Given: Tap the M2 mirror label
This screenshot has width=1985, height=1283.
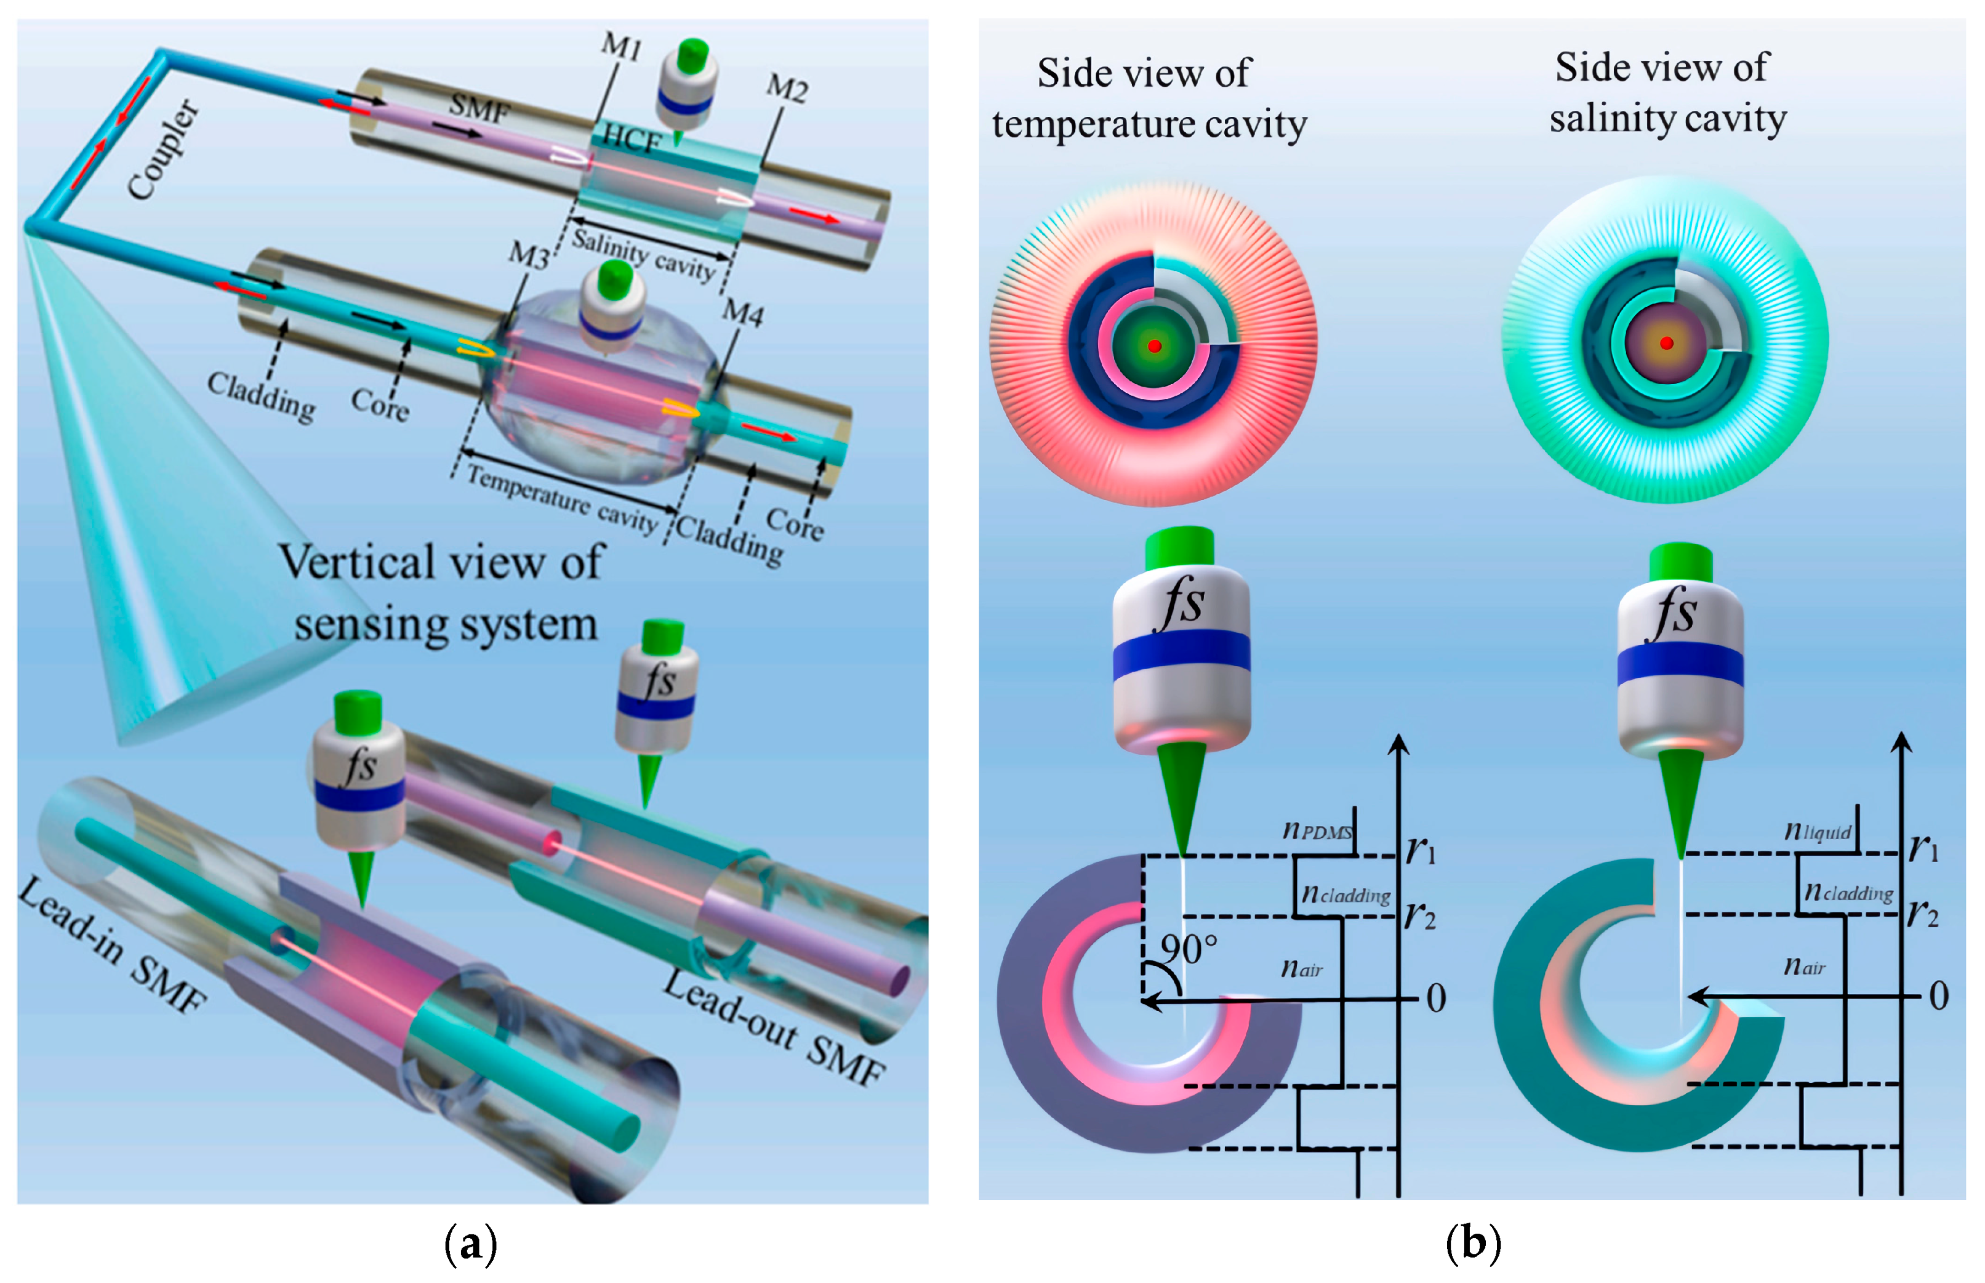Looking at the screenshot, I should point(787,87).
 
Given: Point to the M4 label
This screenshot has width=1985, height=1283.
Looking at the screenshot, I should point(742,313).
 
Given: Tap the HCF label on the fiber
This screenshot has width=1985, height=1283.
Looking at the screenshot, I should point(632,139).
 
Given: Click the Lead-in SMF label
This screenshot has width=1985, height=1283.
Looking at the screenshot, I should point(113,946).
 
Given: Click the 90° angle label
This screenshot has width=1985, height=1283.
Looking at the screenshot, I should point(1189,949).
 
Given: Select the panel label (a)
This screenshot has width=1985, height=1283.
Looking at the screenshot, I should point(471,1244).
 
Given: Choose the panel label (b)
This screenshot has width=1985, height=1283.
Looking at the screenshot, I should point(1473,1242).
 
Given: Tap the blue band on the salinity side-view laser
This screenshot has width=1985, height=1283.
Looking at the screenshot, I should point(1680,665).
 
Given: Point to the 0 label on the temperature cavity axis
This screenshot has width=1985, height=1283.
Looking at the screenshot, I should point(1436,998).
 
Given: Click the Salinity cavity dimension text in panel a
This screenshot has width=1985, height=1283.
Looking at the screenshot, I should point(643,254).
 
